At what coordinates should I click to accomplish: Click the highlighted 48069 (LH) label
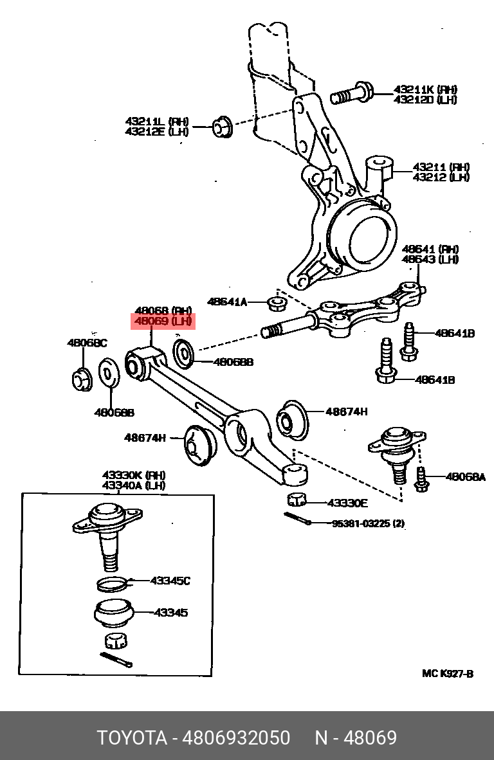(163, 321)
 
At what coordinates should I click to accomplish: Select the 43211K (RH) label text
(425, 89)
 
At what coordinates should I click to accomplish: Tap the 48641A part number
(227, 302)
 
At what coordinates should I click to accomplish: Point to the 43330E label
(347, 503)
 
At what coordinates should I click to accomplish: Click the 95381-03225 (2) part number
(368, 523)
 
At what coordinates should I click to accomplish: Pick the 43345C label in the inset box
(170, 581)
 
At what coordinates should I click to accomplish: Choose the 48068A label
(466, 477)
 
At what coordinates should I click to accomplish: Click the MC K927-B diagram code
(448, 674)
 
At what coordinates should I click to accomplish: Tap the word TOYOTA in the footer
(132, 738)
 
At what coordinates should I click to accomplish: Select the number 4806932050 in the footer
(235, 738)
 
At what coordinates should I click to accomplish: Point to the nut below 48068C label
(82, 379)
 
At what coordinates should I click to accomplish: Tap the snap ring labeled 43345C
(113, 584)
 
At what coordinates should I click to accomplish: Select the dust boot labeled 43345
(114, 613)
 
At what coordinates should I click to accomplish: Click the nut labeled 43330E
(297, 499)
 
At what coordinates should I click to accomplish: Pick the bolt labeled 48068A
(421, 480)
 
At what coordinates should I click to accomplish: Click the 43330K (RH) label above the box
(134, 475)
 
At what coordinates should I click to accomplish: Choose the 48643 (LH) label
(430, 259)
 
